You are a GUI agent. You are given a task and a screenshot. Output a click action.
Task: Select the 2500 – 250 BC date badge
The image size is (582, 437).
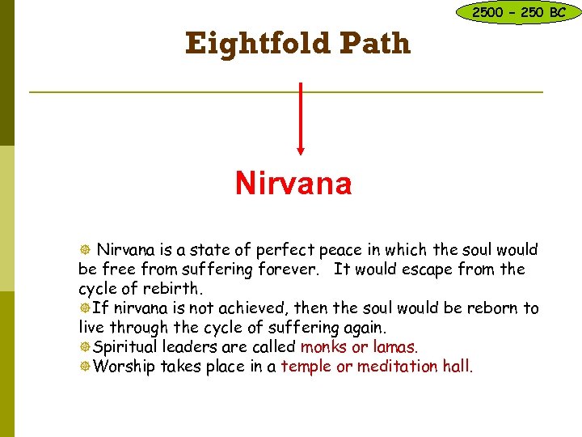[x=518, y=12]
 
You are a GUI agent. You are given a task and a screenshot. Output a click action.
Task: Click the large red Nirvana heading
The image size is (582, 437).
[x=293, y=184]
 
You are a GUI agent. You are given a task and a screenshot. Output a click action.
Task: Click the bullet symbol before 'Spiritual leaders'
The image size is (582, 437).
[x=84, y=347]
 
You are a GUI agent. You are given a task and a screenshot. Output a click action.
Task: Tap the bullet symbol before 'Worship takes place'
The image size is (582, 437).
[x=84, y=367]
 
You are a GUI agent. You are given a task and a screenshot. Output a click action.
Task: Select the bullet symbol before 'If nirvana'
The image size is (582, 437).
[x=84, y=308]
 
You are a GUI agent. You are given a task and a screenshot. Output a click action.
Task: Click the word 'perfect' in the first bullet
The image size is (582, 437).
[x=289, y=250]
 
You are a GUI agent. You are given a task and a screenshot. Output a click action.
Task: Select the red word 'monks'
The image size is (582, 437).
[x=322, y=347]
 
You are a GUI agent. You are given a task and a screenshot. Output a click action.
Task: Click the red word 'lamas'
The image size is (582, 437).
[x=394, y=347]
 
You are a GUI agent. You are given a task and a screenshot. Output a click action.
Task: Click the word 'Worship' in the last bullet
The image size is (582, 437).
[x=124, y=367]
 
